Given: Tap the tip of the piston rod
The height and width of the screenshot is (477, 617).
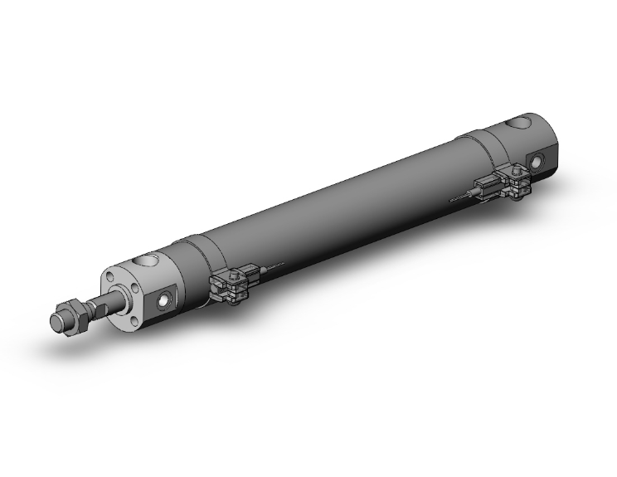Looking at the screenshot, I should (58, 322).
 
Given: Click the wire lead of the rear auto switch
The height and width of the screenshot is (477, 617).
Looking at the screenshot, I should (459, 199).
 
